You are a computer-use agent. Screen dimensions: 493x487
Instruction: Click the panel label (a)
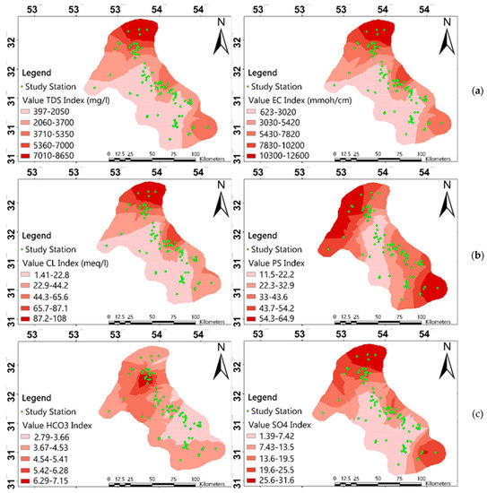pyautogui.click(x=473, y=91)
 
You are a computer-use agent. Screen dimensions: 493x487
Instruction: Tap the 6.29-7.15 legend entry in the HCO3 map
pyautogui.click(x=47, y=468)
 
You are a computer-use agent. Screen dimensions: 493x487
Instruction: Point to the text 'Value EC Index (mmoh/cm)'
pyautogui.click(x=300, y=94)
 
